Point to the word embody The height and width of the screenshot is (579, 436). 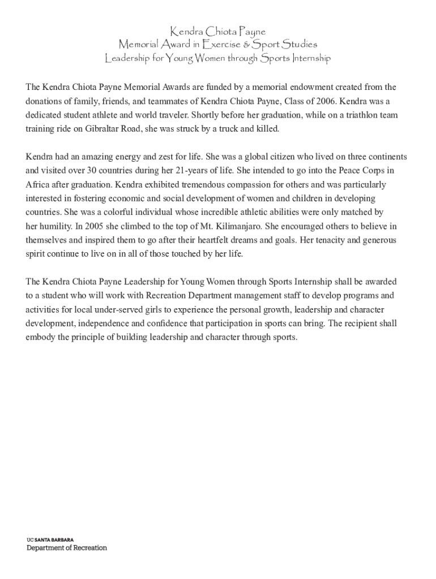tap(40, 338)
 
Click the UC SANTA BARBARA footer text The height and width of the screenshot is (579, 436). tap(50, 540)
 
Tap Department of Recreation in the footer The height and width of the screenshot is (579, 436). tap(67, 548)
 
